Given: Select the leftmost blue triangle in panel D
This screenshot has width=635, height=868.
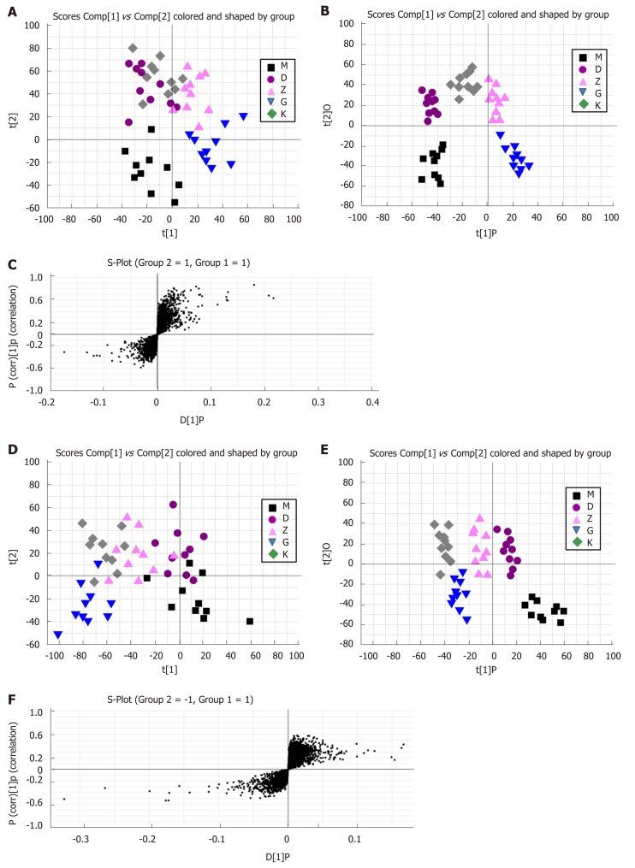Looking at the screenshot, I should [x=57, y=635].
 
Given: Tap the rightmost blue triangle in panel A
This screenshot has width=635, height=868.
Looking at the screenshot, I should [x=244, y=116].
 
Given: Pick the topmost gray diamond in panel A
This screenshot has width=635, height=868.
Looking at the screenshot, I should [x=133, y=48].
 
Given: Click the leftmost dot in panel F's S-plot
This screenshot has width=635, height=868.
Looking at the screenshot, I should [x=64, y=799].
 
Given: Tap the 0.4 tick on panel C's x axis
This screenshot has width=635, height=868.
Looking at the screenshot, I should [x=372, y=401].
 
